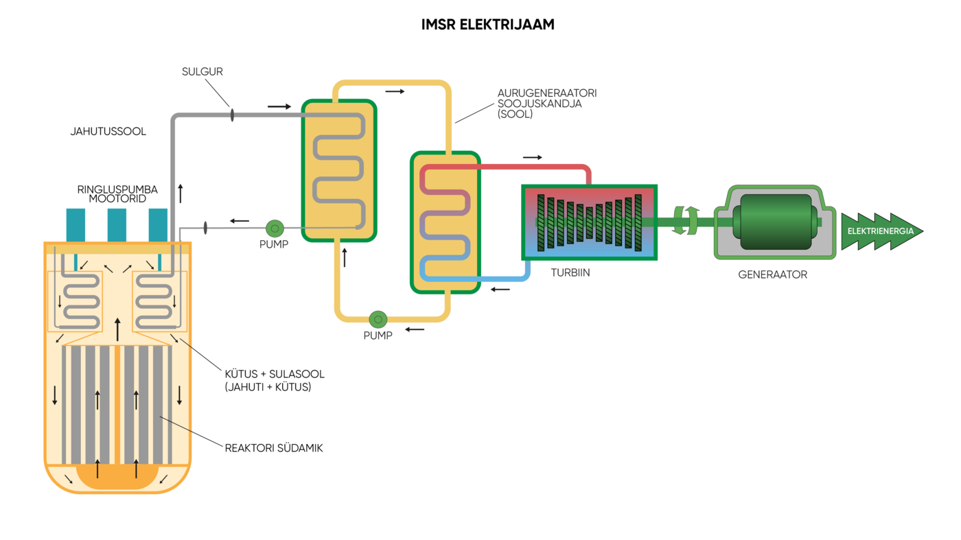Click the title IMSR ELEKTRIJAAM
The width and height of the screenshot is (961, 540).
coord(487,25)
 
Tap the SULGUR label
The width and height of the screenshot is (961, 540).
coord(202,71)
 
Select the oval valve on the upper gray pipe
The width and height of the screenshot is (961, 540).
coord(232,115)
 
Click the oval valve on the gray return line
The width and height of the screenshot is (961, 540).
coord(205,227)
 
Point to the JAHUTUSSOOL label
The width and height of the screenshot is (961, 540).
coord(108,131)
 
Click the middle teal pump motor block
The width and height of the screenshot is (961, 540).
coord(117,225)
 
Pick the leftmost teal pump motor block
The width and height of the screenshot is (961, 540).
coord(76,225)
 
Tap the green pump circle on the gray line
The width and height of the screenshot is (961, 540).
coord(275,227)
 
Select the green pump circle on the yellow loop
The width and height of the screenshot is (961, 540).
coord(378,319)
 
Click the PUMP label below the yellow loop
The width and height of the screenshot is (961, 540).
coord(378,336)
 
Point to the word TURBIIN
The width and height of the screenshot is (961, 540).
coord(570,272)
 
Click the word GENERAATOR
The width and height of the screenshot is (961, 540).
coord(772,274)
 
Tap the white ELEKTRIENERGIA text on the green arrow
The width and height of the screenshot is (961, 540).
coord(880,231)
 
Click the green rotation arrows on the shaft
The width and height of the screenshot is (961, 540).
coord(685,220)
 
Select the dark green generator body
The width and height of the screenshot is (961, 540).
coord(774,222)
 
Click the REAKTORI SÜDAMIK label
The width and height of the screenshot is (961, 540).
coord(273,448)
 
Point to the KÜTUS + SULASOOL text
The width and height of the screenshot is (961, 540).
coord(275,374)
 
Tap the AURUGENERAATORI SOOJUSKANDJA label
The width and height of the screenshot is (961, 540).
coord(547,103)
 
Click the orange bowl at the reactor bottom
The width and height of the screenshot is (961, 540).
coord(117,476)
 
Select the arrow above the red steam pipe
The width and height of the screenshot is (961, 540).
coord(532,158)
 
